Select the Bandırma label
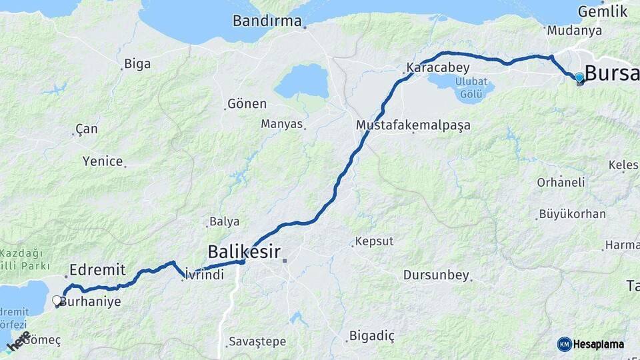pos(267,21)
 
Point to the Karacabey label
pos(438,68)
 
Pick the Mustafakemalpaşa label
pos(413,125)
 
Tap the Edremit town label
pos(97,270)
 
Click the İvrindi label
pos(204,274)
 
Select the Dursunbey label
pos(437,275)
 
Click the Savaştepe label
pos(257,341)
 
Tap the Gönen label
pos(247,104)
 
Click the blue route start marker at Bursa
pos(579,78)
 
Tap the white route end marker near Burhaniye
pos(57,301)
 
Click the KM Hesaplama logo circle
pos(565,344)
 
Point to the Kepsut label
pos(374,241)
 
